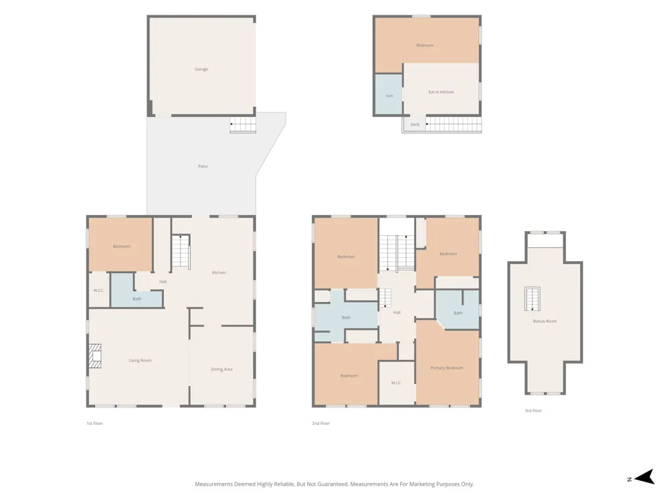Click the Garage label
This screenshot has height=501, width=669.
[201, 69]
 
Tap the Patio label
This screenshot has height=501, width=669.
[203, 166]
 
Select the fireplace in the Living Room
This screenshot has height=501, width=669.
[95, 356]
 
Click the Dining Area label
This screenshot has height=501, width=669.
[222, 369]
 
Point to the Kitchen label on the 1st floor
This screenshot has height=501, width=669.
[219, 273]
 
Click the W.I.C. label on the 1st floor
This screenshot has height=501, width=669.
[98, 291]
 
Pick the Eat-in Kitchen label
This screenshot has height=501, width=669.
[441, 92]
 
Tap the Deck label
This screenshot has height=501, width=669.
[415, 124]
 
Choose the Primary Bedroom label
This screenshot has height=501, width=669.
[447, 367]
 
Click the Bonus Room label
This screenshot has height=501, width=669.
[545, 321]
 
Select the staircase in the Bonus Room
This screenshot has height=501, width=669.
[533, 299]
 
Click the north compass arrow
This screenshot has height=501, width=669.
[645, 477]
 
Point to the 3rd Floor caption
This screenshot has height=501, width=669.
[533, 411]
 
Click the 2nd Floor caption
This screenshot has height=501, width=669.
[321, 424]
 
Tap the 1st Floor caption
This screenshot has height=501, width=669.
[95, 424]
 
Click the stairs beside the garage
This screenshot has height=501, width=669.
[243, 124]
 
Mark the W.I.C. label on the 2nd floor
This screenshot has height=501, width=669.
[396, 383]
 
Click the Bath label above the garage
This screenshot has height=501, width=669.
[389, 96]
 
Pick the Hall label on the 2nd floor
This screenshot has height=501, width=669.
[397, 313]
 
